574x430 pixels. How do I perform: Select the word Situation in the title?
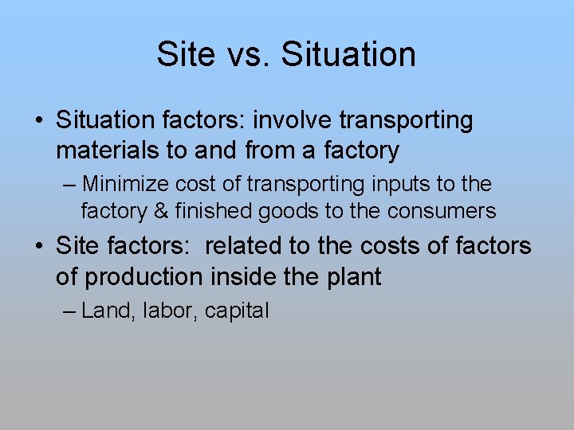pos(349,54)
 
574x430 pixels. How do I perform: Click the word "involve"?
pos(293,121)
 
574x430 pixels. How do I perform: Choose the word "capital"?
pos(237,311)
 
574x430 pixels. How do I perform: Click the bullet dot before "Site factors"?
pos(39,247)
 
